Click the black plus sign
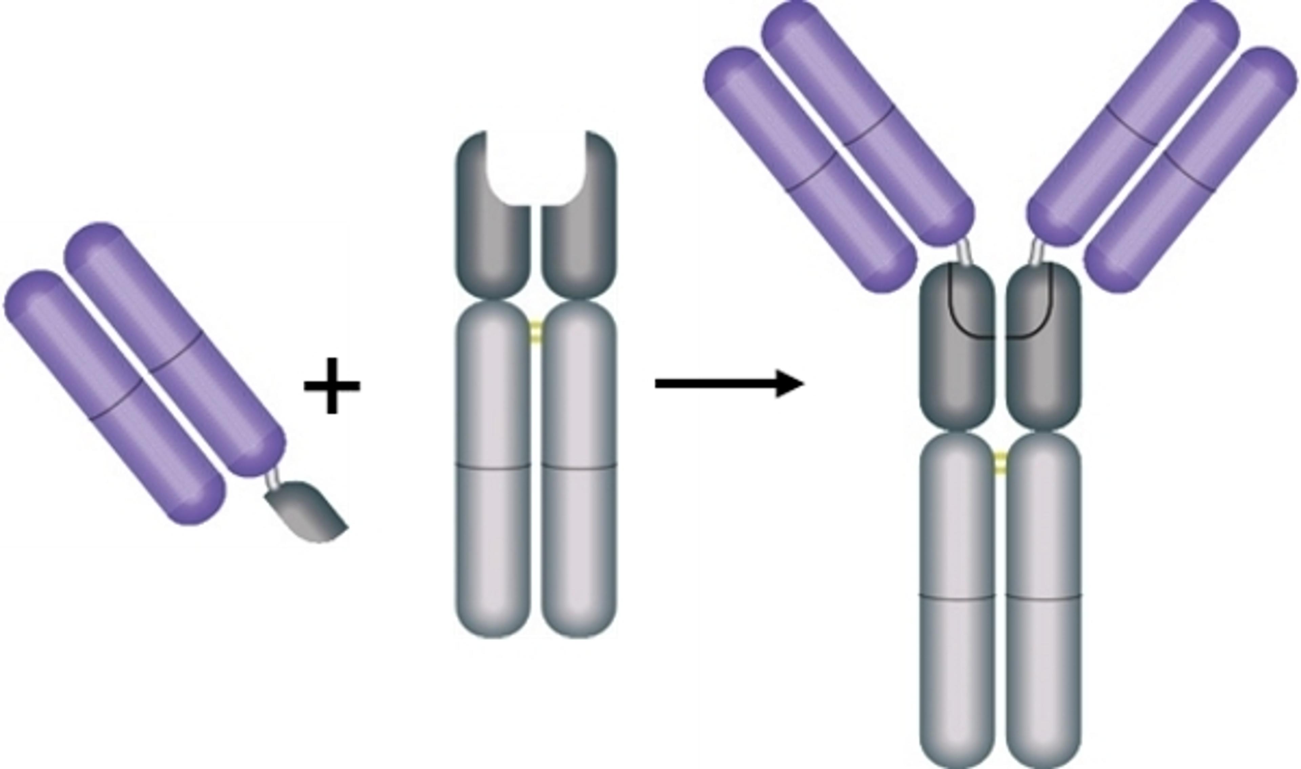pyautogui.click(x=332, y=386)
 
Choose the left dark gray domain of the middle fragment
pyautogui.click(x=493, y=238)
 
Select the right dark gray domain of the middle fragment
pyautogui.click(x=580, y=238)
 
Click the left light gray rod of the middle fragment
pyautogui.click(x=493, y=466)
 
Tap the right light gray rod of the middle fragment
pyautogui.click(x=579, y=466)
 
